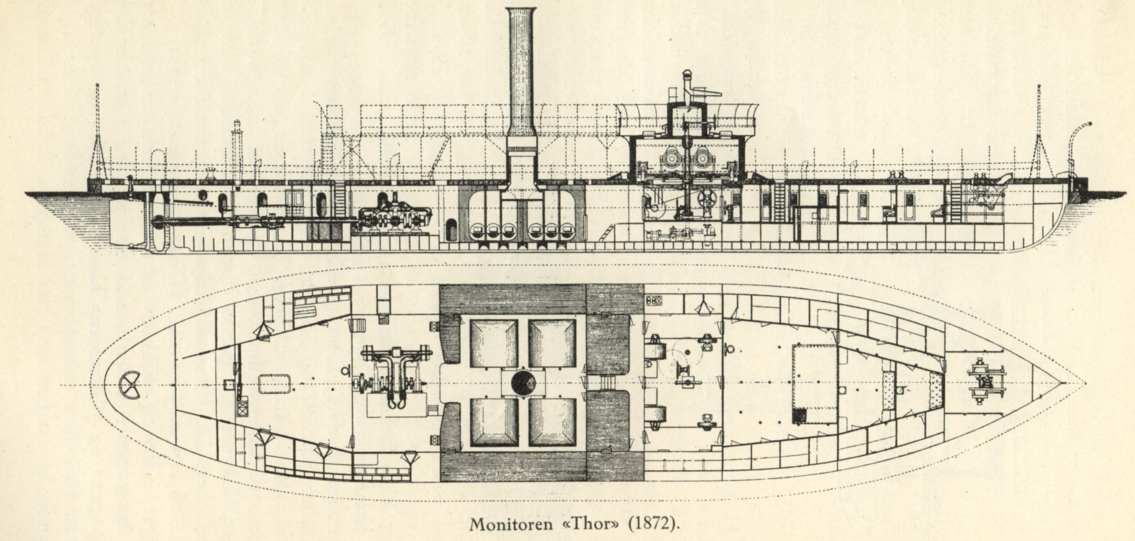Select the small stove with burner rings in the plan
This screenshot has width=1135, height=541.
(653, 301)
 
